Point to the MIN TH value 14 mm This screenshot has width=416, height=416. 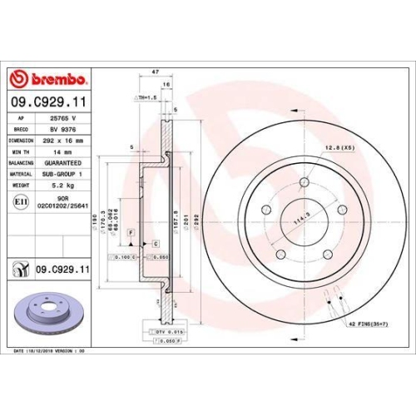tap(62, 151)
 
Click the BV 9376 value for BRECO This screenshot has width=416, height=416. tap(62, 130)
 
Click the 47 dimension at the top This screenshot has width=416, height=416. tap(156, 73)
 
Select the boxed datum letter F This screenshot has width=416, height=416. tap(131, 234)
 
